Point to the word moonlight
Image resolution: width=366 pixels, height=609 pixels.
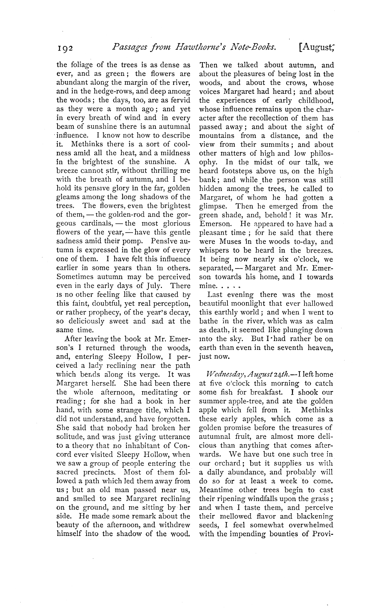coord(246,304)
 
